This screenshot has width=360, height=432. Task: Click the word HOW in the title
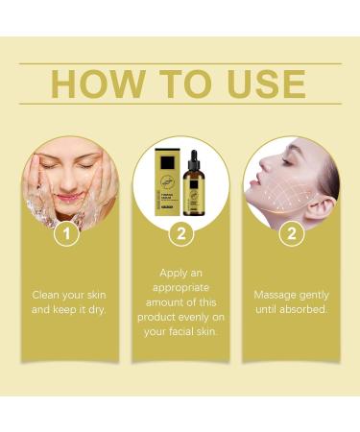pyautogui.click(x=91, y=84)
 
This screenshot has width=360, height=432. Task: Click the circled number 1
pyautogui.click(x=66, y=233)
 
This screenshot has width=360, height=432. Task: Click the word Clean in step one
pyautogui.click(x=49, y=294)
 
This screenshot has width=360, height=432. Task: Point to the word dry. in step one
pyautogui.click(x=100, y=309)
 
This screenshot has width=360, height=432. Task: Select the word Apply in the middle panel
pyautogui.click(x=167, y=273)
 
